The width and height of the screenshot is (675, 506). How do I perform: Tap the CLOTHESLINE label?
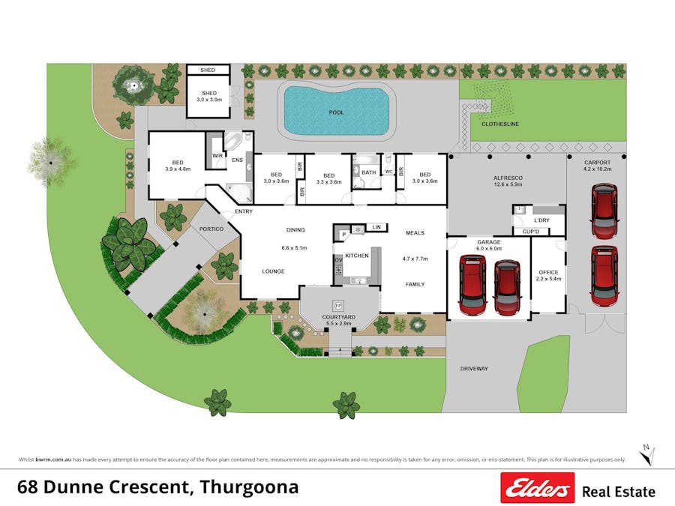(501, 124)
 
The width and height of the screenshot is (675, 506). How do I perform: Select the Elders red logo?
(537, 488)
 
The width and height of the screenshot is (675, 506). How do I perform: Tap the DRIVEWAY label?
(474, 369)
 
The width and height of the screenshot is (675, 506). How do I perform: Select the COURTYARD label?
(339, 316)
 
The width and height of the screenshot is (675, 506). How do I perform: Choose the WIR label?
(217, 156)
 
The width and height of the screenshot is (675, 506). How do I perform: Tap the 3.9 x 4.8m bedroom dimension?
(177, 169)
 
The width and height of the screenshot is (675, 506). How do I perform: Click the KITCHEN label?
(357, 256)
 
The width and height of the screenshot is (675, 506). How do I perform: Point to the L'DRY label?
(541, 220)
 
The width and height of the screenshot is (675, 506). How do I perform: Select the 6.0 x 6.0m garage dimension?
(489, 248)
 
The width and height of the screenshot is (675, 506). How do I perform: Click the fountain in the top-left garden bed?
(133, 87)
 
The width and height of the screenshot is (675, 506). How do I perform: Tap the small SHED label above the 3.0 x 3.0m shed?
(208, 70)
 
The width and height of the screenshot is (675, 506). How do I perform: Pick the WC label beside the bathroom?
(388, 172)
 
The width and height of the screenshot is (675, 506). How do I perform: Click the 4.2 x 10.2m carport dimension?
(598, 169)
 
